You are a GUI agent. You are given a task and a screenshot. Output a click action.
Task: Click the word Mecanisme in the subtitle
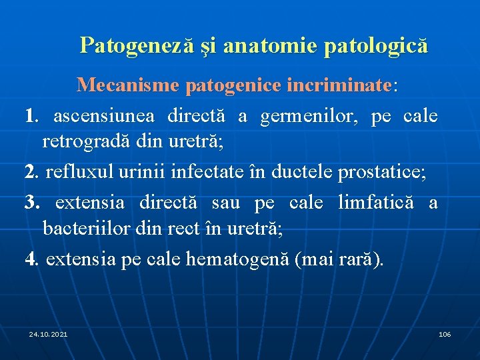[x=128, y=85]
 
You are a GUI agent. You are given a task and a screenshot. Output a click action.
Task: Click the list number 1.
[x=29, y=116]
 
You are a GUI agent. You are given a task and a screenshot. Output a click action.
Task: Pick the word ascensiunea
[x=104, y=116]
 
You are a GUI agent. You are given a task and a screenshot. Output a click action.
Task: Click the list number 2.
[x=29, y=173]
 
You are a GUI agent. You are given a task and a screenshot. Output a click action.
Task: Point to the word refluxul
[x=75, y=173]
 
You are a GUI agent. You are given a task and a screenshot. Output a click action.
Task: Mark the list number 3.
[x=29, y=202]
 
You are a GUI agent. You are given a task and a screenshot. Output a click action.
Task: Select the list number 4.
[x=29, y=259]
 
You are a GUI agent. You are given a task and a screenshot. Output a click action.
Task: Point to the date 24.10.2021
[x=48, y=333]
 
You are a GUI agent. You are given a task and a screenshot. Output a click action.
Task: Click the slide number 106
[x=445, y=333]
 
